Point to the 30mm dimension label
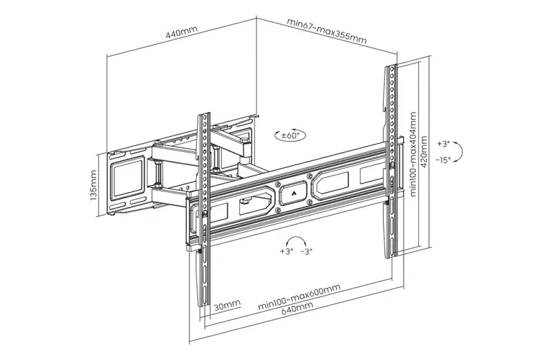click(227, 305)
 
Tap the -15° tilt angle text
click(444, 160)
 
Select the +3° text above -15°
click(444, 144)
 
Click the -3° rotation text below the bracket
click(307, 252)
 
